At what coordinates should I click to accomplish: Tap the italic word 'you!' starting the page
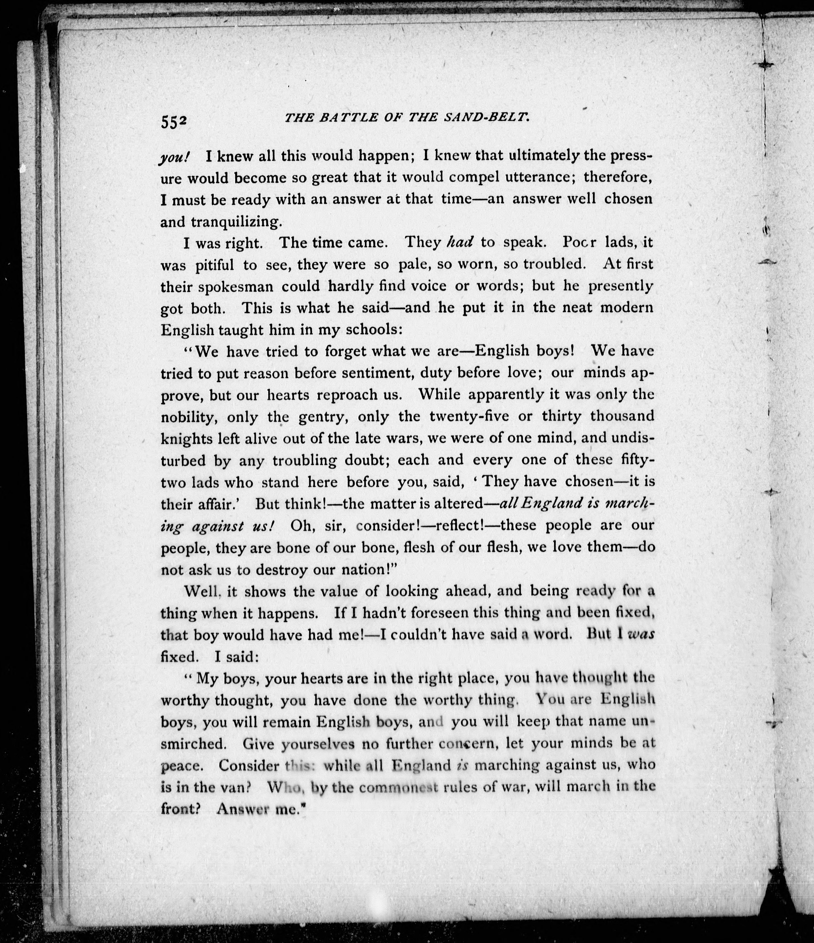(174, 157)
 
